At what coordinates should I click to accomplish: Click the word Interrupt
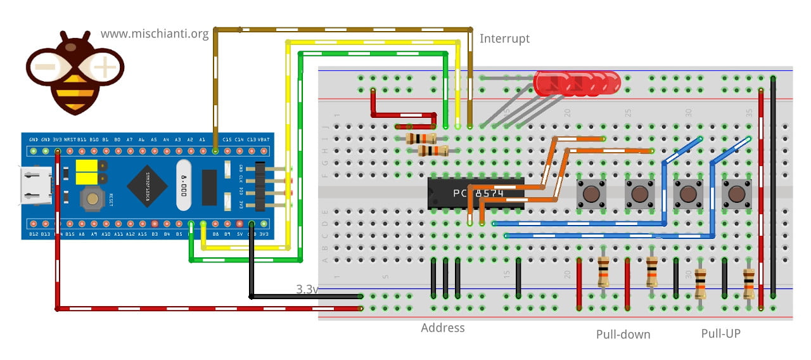504,39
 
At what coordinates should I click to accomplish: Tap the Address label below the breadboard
442,328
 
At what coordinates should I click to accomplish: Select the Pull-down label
623,334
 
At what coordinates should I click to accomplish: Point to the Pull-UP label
720,333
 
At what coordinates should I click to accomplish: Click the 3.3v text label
307,289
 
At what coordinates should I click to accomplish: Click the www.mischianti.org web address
155,34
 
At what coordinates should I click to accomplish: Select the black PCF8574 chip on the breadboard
475,193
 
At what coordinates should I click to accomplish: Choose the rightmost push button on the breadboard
736,193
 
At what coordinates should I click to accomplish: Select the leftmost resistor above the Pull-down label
603,272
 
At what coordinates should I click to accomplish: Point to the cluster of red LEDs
577,83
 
